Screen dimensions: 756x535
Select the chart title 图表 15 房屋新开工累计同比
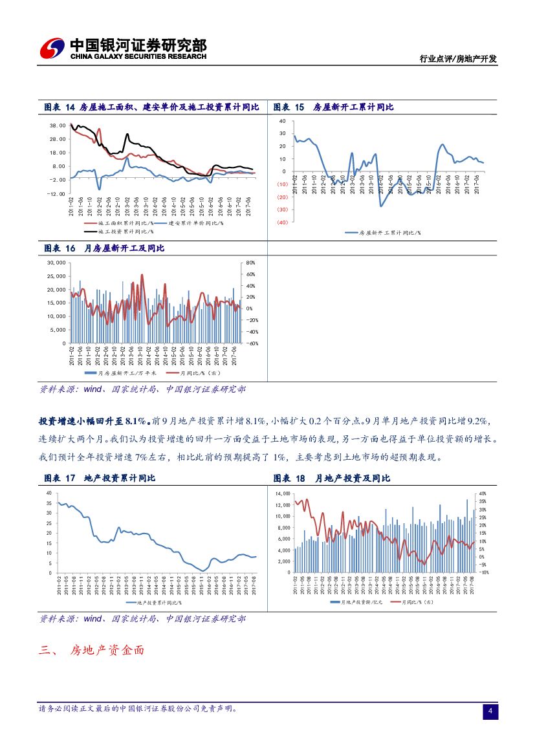coord(334,107)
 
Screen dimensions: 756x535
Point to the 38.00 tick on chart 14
coord(57,125)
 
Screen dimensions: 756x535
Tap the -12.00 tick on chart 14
coord(57,193)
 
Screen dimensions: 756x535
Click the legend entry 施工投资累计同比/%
coord(119,230)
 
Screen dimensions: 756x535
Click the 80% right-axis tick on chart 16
coord(251,263)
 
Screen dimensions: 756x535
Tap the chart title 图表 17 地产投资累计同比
coord(100,479)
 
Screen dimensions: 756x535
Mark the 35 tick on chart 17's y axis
coord(49,503)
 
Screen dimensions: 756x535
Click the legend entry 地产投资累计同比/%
coord(153,602)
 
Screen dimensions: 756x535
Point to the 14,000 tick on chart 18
coord(283,493)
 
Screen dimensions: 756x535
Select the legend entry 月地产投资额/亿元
coord(356,602)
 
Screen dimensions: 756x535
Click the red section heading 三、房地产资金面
coord(91,650)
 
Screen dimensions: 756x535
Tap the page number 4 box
coord(490,712)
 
